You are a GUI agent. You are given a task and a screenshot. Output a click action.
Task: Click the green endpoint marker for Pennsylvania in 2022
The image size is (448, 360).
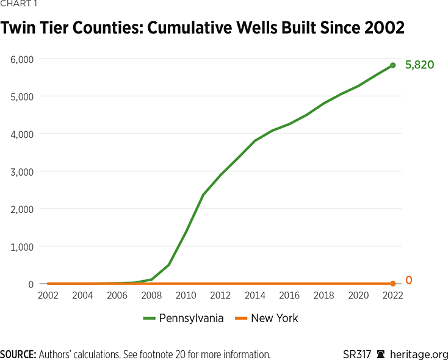(392, 65)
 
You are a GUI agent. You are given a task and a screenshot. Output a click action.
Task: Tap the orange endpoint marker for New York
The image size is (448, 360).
(392, 284)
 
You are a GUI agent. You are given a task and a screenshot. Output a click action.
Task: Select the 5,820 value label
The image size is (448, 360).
(419, 65)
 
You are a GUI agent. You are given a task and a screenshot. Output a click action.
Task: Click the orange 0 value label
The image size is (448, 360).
(409, 281)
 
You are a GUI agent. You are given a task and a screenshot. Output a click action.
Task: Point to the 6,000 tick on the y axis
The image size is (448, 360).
(22, 59)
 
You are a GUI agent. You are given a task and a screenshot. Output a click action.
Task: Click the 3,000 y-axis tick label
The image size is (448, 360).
(22, 171)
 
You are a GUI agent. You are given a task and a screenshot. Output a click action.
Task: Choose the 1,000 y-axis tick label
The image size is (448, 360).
(22, 247)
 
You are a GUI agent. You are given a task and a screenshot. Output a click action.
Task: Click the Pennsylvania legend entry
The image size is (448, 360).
(183, 318)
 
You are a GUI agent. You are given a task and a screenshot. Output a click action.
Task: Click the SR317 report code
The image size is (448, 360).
(357, 355)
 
